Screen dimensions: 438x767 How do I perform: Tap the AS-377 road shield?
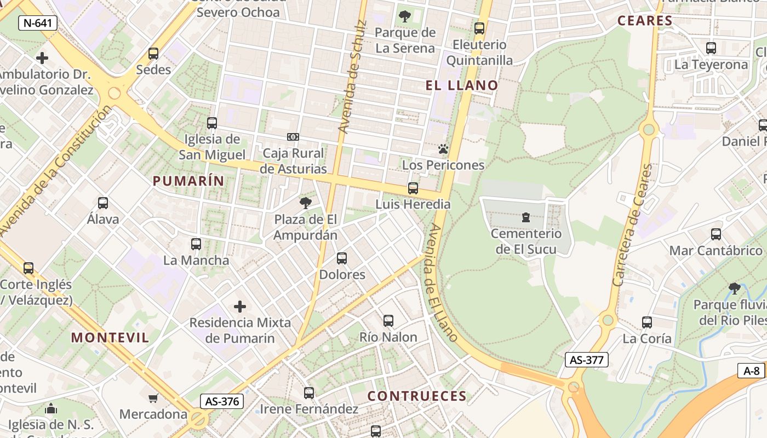pos(586,360)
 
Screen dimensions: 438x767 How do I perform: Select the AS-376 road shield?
pos(221,401)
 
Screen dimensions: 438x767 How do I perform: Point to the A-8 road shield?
pos(751,371)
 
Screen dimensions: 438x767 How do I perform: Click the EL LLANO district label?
pos(462,85)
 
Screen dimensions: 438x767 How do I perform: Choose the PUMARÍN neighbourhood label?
pos(188,181)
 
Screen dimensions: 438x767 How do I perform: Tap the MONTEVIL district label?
pos(110,337)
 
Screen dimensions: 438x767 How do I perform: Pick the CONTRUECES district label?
pos(417,396)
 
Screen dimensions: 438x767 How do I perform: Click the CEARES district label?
pos(645,21)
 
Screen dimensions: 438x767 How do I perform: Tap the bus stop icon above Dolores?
pos(342,258)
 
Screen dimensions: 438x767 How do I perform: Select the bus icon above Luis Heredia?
pos(413,188)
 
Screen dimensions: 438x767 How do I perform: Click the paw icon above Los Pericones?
pos(443,149)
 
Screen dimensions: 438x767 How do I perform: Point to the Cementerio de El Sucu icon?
pos(526,217)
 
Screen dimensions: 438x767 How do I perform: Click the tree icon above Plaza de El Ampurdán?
pos(306,203)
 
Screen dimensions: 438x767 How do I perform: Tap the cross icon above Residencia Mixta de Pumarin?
pos(240,306)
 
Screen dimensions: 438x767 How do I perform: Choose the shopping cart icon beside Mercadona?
pos(153,398)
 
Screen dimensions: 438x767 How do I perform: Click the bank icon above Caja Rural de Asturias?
pos(293,137)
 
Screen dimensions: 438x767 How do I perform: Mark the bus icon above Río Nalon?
pos(388,321)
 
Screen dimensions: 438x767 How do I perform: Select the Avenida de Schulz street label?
pos(351,77)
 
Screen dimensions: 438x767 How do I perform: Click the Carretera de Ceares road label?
pos(633,224)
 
